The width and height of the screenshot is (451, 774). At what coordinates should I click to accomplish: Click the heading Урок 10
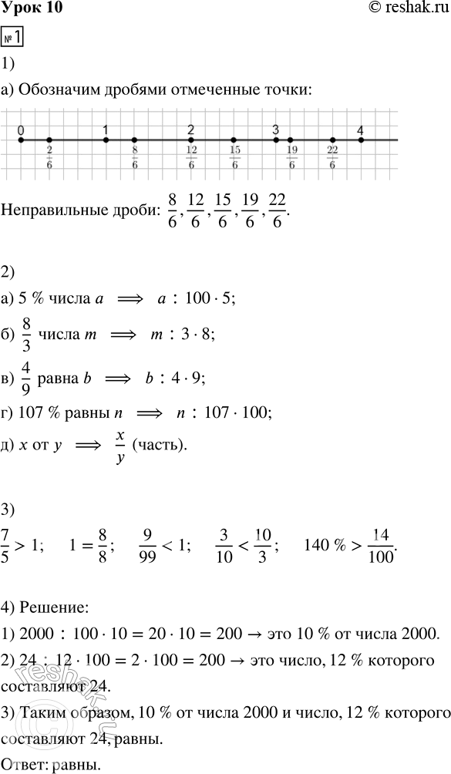coord(32,8)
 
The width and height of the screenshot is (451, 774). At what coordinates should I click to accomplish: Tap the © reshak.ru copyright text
coord(407,8)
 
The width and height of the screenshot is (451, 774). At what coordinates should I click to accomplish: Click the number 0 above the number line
coord(21,131)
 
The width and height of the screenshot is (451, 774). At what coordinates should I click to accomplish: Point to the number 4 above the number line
coord(361,131)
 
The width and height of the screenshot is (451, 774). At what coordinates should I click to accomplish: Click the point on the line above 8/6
coord(134,140)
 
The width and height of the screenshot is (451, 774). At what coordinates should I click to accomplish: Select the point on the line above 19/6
coord(290,140)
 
